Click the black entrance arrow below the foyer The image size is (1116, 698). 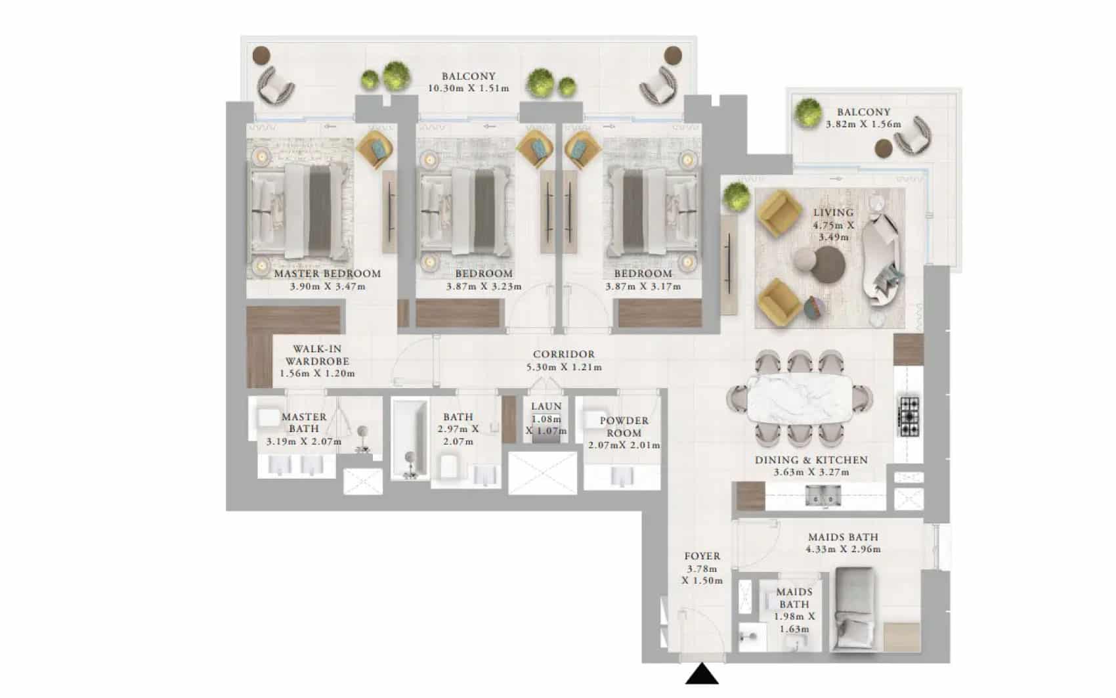click(x=702, y=674)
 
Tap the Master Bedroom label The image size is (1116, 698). click(x=328, y=274)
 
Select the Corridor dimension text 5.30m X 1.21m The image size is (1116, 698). click(x=564, y=367)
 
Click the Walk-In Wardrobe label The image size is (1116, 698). click(x=317, y=355)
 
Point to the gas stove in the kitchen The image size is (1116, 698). click(x=909, y=416)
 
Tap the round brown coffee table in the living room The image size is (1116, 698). click(x=828, y=265)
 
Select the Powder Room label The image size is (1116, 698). click(x=624, y=427)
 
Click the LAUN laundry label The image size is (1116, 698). click(x=547, y=406)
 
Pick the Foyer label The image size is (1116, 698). click(x=702, y=556)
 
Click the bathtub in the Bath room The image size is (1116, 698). click(x=410, y=439)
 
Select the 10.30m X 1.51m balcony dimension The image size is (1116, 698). click(x=469, y=89)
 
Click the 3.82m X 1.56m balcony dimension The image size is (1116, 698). click(x=863, y=124)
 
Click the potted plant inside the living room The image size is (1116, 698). click(x=737, y=196)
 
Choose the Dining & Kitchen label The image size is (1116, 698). click(x=811, y=460)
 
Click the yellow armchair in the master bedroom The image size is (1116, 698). click(x=375, y=150)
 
